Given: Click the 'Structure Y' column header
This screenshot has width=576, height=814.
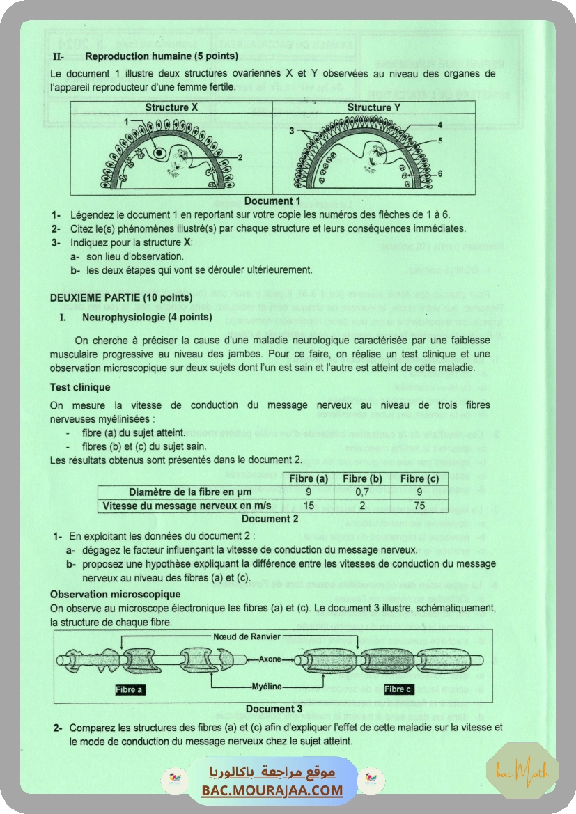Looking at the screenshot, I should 374,107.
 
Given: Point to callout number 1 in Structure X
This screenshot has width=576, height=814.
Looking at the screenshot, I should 125,121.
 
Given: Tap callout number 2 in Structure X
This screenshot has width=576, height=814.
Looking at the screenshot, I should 240,158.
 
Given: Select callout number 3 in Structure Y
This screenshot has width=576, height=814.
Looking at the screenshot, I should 292,130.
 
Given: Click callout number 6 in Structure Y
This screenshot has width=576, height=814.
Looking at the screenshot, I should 440,173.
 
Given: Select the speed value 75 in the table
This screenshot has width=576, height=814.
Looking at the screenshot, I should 418,506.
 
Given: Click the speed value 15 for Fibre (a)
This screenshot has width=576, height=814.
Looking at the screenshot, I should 308,506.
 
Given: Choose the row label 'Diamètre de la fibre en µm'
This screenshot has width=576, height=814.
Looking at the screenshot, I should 189,492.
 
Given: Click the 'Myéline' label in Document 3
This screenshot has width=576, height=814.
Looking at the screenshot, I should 266,686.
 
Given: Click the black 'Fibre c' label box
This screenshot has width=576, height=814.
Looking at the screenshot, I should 398,689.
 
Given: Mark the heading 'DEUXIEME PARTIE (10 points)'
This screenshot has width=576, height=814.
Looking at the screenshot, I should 112,297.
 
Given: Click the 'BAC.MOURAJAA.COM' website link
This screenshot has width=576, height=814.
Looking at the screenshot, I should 272,790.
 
